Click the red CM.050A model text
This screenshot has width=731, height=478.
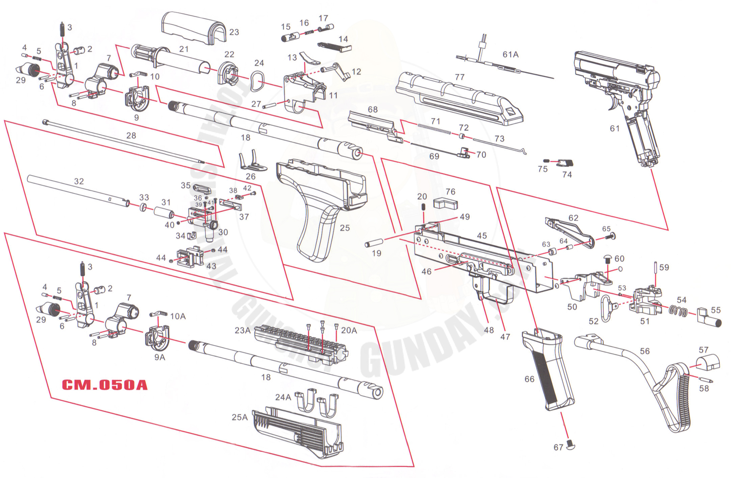point(104,385)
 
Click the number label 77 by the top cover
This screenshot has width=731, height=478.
point(460,77)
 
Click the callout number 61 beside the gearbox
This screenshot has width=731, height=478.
point(615,129)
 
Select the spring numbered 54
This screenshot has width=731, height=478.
point(678,311)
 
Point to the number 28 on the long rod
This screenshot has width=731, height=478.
point(131,135)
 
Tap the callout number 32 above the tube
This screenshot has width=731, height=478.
point(79,181)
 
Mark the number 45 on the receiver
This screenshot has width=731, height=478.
point(481,236)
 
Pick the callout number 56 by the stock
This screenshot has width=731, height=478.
point(645,351)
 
